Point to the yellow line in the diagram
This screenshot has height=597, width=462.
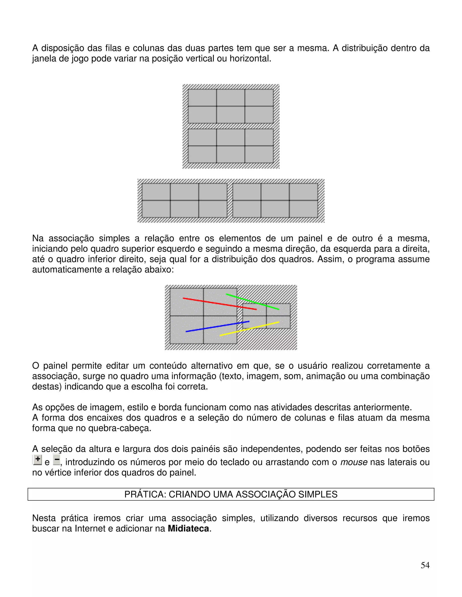tap(249, 329)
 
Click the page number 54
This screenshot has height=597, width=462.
tap(425, 565)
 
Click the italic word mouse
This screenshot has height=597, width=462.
tap(354, 462)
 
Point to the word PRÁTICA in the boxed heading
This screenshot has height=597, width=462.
tap(144, 494)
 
